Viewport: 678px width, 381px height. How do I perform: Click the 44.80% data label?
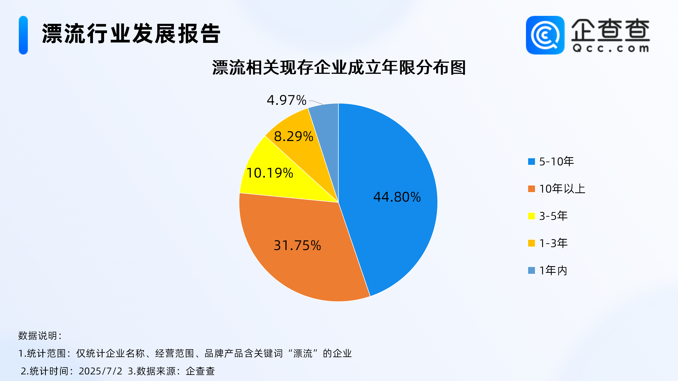[397, 197]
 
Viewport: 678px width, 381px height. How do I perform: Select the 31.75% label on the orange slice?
[297, 246]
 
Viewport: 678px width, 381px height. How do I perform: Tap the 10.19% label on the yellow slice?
[270, 173]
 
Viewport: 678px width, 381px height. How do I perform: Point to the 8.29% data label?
[294, 137]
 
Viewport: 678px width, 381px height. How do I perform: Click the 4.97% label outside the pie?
[287, 100]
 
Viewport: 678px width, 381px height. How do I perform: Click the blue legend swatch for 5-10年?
[531, 161]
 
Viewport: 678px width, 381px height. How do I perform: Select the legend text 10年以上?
[562, 189]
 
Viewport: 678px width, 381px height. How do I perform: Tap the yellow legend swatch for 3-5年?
[531, 216]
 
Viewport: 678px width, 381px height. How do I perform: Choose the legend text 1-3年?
[554, 243]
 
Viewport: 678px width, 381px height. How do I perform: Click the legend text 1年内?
[553, 270]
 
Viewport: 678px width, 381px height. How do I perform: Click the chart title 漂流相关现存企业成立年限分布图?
[339, 67]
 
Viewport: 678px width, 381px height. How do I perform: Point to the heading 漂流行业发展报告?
[131, 34]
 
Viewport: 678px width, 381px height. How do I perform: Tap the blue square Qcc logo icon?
[545, 35]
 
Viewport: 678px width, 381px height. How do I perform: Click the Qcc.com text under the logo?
[611, 48]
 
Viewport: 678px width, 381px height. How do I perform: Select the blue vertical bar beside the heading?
[23, 35]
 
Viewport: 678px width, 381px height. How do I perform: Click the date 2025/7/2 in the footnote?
[101, 371]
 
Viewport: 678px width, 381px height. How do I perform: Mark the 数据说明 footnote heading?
[40, 336]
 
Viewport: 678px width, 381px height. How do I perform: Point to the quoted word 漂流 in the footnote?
[303, 353]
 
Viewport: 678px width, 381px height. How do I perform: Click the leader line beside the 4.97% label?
[316, 102]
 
